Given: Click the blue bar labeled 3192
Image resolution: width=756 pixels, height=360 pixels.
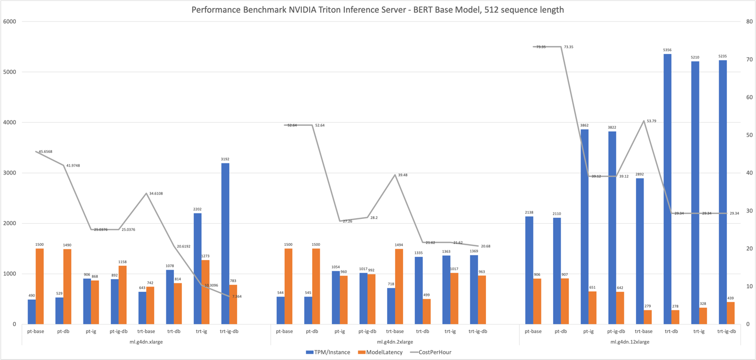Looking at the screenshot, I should tap(225, 244).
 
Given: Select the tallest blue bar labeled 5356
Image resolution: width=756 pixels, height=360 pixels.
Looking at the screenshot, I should tap(667, 189).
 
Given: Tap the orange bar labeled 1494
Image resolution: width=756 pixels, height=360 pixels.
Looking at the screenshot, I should tap(399, 287).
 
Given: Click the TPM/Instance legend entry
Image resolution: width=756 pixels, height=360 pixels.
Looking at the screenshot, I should tap(328, 352).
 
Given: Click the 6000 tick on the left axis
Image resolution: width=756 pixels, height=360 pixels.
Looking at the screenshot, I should tap(10, 22).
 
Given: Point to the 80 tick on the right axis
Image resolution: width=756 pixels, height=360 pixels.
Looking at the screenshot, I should tap(749, 22).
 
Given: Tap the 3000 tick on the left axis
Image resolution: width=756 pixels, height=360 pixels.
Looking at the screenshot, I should tap(10, 173).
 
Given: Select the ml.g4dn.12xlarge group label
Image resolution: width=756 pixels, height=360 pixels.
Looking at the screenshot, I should tap(630, 342).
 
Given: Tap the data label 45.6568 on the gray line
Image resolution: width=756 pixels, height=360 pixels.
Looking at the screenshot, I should tap(45, 152).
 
